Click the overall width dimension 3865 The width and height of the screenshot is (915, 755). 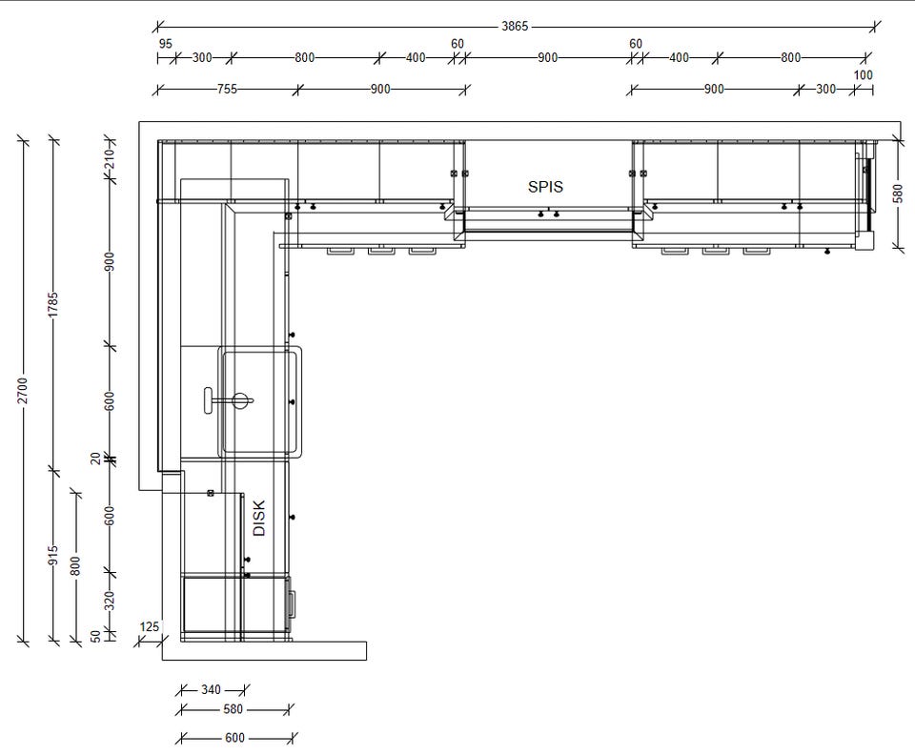[515, 27]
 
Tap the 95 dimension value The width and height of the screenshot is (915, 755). [165, 44]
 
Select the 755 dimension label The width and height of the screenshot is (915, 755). [227, 89]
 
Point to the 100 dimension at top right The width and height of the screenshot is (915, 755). [864, 75]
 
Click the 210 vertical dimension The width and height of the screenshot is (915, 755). [110, 158]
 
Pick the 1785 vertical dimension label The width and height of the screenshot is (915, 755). [53, 304]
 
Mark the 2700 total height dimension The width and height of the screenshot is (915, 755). [22, 390]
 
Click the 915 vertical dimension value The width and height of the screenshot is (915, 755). [53, 555]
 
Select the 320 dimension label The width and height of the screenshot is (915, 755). [110, 601]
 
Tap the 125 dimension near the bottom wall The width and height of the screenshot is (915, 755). [150, 626]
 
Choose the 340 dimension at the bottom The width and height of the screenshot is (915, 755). [211, 689]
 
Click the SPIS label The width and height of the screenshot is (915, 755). [545, 187]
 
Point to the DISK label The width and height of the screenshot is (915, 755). [259, 519]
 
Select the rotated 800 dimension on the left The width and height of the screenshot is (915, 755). [75, 566]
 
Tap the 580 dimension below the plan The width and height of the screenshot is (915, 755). [233, 709]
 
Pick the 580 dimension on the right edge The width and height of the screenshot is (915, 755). [898, 194]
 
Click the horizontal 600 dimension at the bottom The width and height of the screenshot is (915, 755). [234, 738]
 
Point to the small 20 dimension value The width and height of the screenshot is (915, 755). [95, 459]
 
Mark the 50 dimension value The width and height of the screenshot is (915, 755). [95, 636]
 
